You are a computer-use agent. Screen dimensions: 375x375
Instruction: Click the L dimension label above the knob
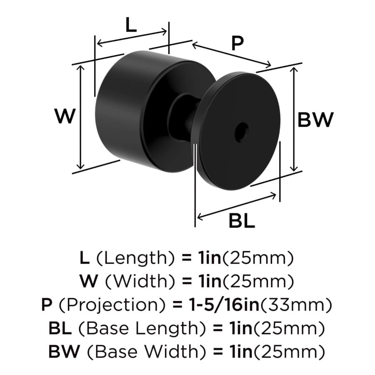(x=131, y=25)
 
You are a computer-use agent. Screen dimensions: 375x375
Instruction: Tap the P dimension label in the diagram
(x=237, y=43)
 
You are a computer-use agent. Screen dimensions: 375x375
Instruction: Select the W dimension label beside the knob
(x=65, y=116)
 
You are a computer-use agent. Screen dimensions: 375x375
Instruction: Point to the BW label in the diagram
(x=315, y=120)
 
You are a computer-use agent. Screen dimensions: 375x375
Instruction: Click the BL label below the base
(x=242, y=221)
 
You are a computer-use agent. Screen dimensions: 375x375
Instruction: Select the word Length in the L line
(x=135, y=258)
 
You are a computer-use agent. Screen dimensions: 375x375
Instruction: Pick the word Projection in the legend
(x=112, y=305)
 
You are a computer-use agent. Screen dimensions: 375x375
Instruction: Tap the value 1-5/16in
(x=224, y=305)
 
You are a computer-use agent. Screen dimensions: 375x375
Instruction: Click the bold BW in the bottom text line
(x=64, y=351)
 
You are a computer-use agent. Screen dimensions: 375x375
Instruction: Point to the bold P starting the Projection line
(x=46, y=305)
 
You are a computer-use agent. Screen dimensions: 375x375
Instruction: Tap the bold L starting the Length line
(x=85, y=258)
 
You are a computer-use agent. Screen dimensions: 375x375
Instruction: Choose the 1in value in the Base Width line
(x=241, y=351)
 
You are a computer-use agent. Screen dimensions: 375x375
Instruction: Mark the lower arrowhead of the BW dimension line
(x=294, y=168)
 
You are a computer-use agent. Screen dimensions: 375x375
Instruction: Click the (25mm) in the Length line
(x=258, y=258)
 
